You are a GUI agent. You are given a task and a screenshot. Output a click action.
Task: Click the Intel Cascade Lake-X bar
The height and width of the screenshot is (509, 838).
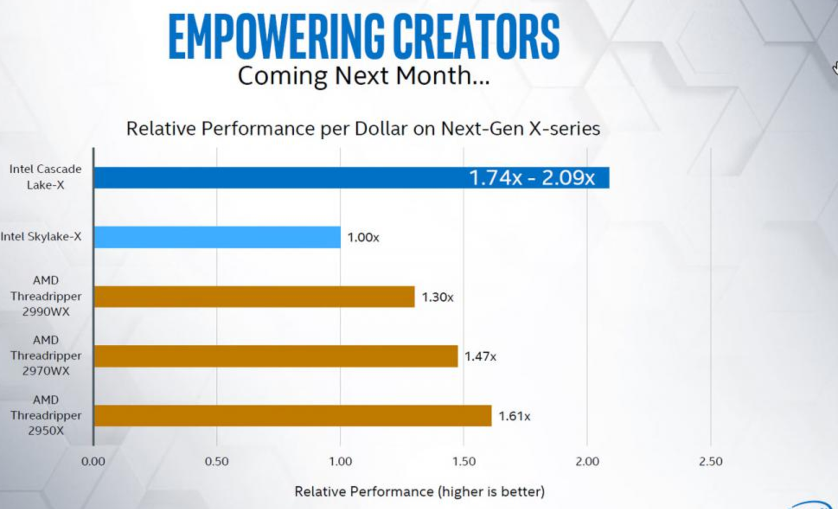pos(352,178)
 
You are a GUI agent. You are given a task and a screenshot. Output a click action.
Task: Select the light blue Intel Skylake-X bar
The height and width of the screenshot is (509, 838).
pos(217,237)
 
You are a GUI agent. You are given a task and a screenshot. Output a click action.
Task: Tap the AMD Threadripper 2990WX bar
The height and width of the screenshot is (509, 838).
pos(254,297)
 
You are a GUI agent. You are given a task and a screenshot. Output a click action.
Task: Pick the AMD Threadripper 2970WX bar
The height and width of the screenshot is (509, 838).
pos(276,356)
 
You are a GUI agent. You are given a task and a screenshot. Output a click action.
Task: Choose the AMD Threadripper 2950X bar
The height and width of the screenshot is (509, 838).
pos(293,416)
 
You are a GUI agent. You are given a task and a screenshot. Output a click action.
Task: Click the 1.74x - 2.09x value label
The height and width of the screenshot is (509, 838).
pos(532,178)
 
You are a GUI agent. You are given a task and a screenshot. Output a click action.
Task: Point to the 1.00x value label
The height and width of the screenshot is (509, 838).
pos(363,237)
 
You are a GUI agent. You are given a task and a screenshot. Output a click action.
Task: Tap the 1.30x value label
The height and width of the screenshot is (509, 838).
pos(438,297)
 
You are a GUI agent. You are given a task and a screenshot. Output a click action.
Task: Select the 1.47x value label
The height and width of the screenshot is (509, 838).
pos(480,356)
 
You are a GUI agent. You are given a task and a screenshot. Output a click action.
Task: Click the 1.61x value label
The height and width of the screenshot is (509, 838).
pos(515,416)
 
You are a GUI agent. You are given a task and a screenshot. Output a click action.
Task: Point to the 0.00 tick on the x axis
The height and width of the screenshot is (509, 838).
pos(93,461)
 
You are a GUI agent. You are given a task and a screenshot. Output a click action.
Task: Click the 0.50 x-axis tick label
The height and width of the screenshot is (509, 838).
pos(217,461)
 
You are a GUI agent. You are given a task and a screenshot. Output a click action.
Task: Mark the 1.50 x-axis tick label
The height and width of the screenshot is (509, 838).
pos(464,461)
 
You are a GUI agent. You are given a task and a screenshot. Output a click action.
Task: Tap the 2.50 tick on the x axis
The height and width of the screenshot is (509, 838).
pos(711,461)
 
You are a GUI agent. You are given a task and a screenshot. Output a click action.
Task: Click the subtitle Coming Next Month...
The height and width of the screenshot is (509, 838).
pos(364,76)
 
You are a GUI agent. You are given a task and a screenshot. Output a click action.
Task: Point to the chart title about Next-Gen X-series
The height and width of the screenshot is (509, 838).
pos(363,128)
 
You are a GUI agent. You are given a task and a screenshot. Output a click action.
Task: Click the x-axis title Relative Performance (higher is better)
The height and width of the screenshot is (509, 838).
pos(419,492)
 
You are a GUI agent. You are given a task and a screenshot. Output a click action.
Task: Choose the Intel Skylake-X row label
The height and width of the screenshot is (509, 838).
pos(41,237)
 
